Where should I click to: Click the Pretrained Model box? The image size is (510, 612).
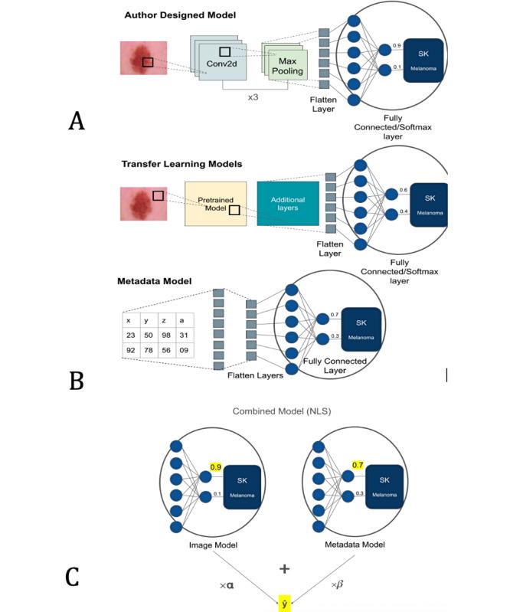(x=216, y=203)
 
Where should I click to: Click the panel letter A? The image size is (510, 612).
(x=76, y=120)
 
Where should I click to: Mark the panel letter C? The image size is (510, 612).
(x=73, y=576)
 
